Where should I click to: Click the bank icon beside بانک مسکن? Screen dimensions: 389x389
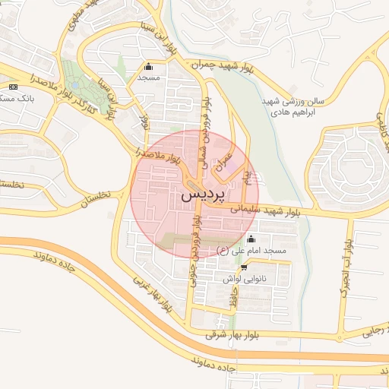point(13,87)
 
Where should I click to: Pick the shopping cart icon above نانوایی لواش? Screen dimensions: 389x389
point(243,268)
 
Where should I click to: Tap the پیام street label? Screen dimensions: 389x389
point(245,178)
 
